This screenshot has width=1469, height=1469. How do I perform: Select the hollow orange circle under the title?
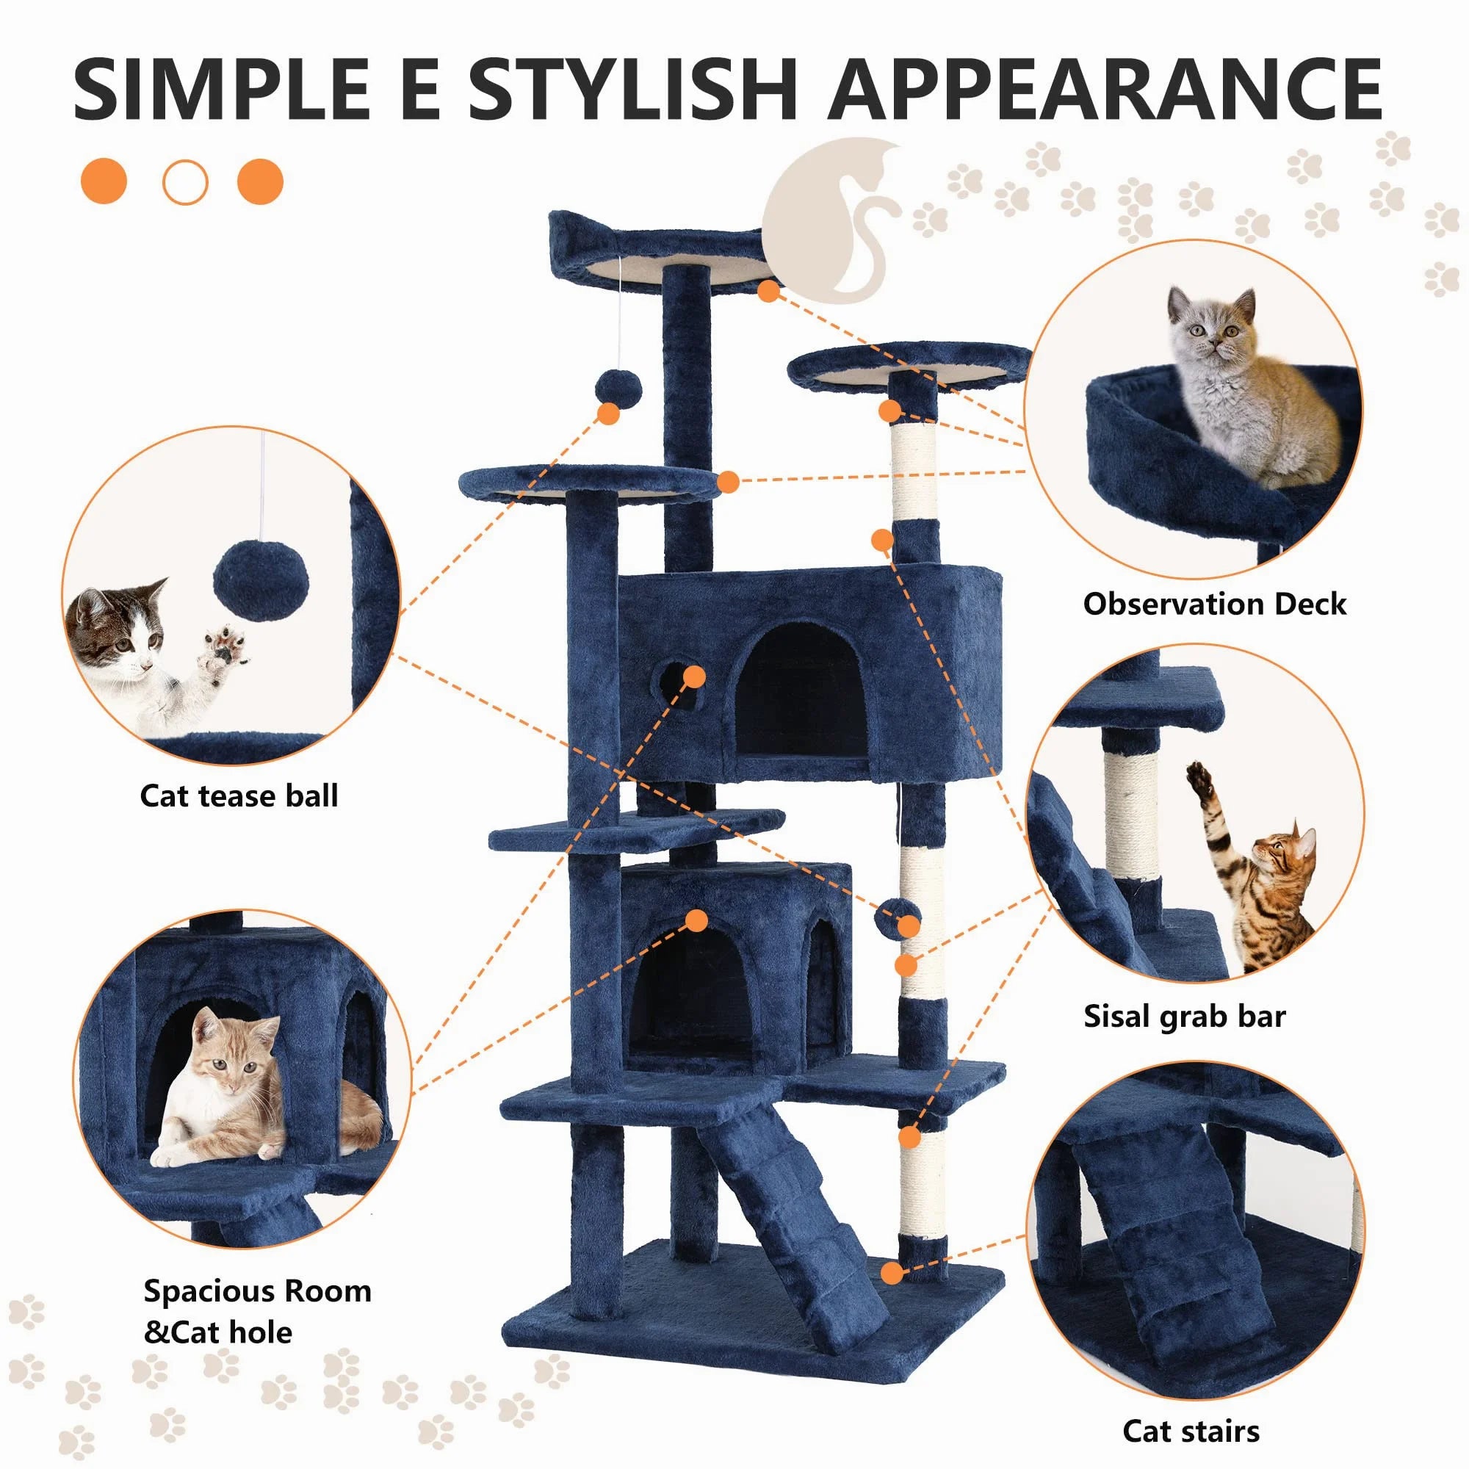[185, 182]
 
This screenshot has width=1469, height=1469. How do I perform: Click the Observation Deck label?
[1214, 604]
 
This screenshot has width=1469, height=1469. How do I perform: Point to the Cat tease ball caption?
[239, 795]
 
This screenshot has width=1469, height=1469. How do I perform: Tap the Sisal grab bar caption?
[1184, 1016]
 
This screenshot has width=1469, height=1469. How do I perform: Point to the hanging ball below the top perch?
[618, 389]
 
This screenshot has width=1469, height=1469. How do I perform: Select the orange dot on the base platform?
[892, 1272]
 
